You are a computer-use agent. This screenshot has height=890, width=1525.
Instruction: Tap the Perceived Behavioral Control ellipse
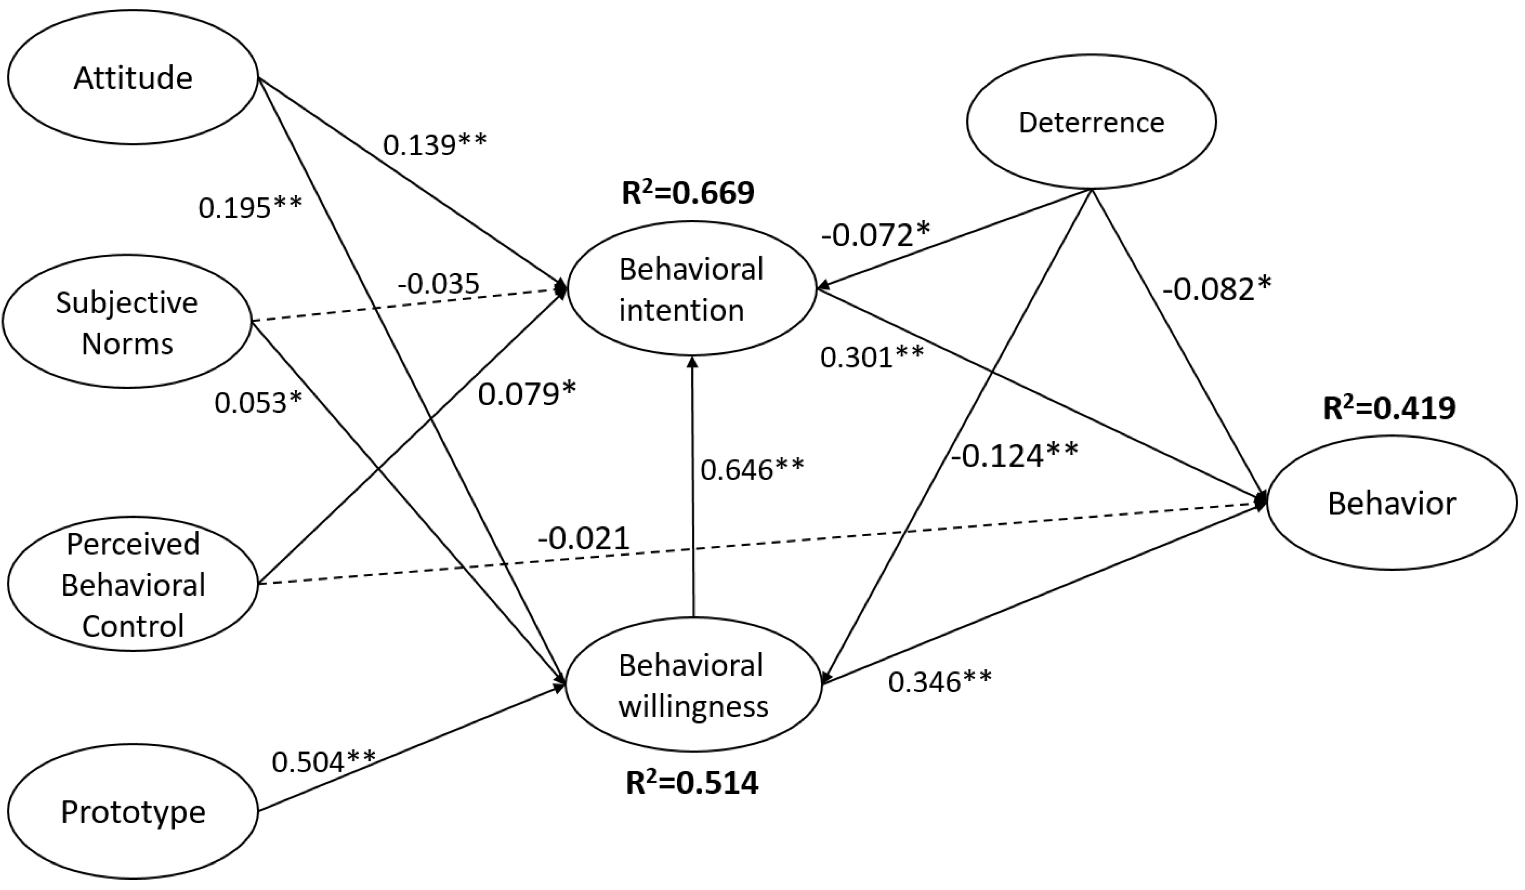[133, 584]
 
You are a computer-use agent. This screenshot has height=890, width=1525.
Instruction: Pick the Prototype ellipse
[133, 812]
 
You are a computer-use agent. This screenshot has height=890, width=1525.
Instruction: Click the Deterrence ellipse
[1091, 122]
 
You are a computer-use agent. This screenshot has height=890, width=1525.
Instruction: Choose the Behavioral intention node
[692, 289]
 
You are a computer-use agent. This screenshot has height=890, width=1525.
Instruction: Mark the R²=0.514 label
[692, 783]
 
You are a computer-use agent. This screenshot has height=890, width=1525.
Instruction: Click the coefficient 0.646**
[752, 469]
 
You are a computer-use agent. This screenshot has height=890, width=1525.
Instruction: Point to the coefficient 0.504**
[324, 761]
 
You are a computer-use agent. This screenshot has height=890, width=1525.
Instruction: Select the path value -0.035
[438, 283]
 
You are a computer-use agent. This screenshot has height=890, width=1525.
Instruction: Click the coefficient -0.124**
[1014, 455]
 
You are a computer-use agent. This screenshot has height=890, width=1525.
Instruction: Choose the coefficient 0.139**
[435, 145]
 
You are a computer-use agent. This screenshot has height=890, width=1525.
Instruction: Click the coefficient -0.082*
[1217, 290]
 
